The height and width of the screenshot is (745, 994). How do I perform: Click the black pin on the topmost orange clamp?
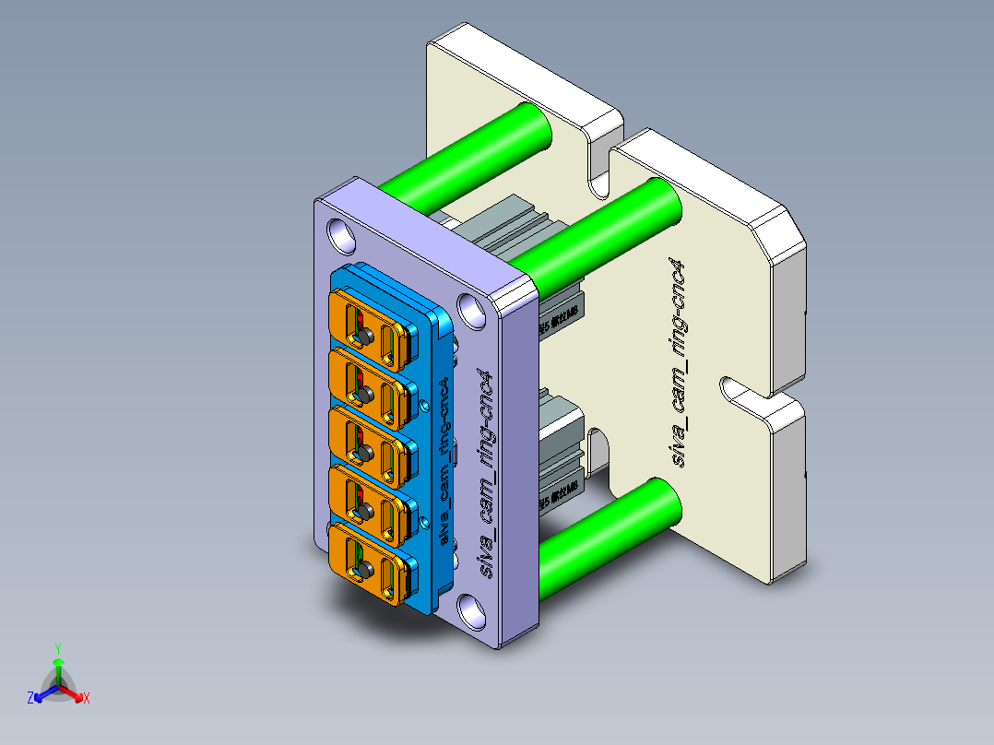[364, 335]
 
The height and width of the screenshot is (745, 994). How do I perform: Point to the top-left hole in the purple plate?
[341, 234]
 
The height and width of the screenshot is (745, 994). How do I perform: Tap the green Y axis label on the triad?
[58, 648]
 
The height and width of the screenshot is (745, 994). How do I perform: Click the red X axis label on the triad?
[87, 698]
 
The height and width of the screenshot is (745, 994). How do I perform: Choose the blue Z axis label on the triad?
[30, 698]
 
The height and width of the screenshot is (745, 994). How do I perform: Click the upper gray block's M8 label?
[559, 316]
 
